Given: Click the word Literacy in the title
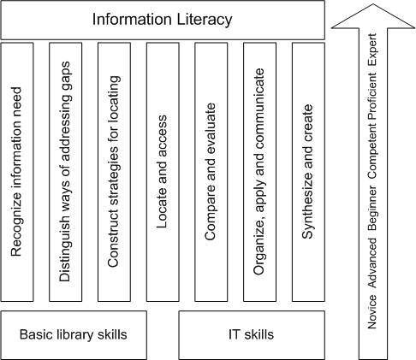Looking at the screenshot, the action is pyautogui.click(x=205, y=20).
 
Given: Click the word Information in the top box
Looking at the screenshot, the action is pyautogui.click(x=132, y=20).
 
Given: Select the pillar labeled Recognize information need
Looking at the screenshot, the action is pyautogui.click(x=17, y=172).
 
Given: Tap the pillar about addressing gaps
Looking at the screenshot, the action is pyautogui.click(x=66, y=172).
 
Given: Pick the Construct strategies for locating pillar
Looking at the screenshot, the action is pyautogui.click(x=114, y=172).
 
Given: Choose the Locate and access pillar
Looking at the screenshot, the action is pyautogui.click(x=163, y=172).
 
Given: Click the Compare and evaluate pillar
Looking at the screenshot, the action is pyautogui.click(x=211, y=172).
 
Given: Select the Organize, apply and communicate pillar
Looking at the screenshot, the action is pyautogui.click(x=259, y=172).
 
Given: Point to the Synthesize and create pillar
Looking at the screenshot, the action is pyautogui.click(x=308, y=172).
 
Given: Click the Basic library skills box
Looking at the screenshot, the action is pyautogui.click(x=74, y=335).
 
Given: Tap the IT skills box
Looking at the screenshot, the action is pyautogui.click(x=252, y=335).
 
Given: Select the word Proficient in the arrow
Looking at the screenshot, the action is pyautogui.click(x=372, y=96).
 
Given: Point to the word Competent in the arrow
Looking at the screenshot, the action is pyautogui.click(x=372, y=151).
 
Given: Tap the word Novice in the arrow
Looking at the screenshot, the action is pyautogui.click(x=372, y=312).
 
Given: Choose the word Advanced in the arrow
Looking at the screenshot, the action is pyautogui.click(x=372, y=263).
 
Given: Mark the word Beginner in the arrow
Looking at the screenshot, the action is pyautogui.click(x=372, y=209).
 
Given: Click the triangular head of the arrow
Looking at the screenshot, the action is pyautogui.click(x=373, y=17).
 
